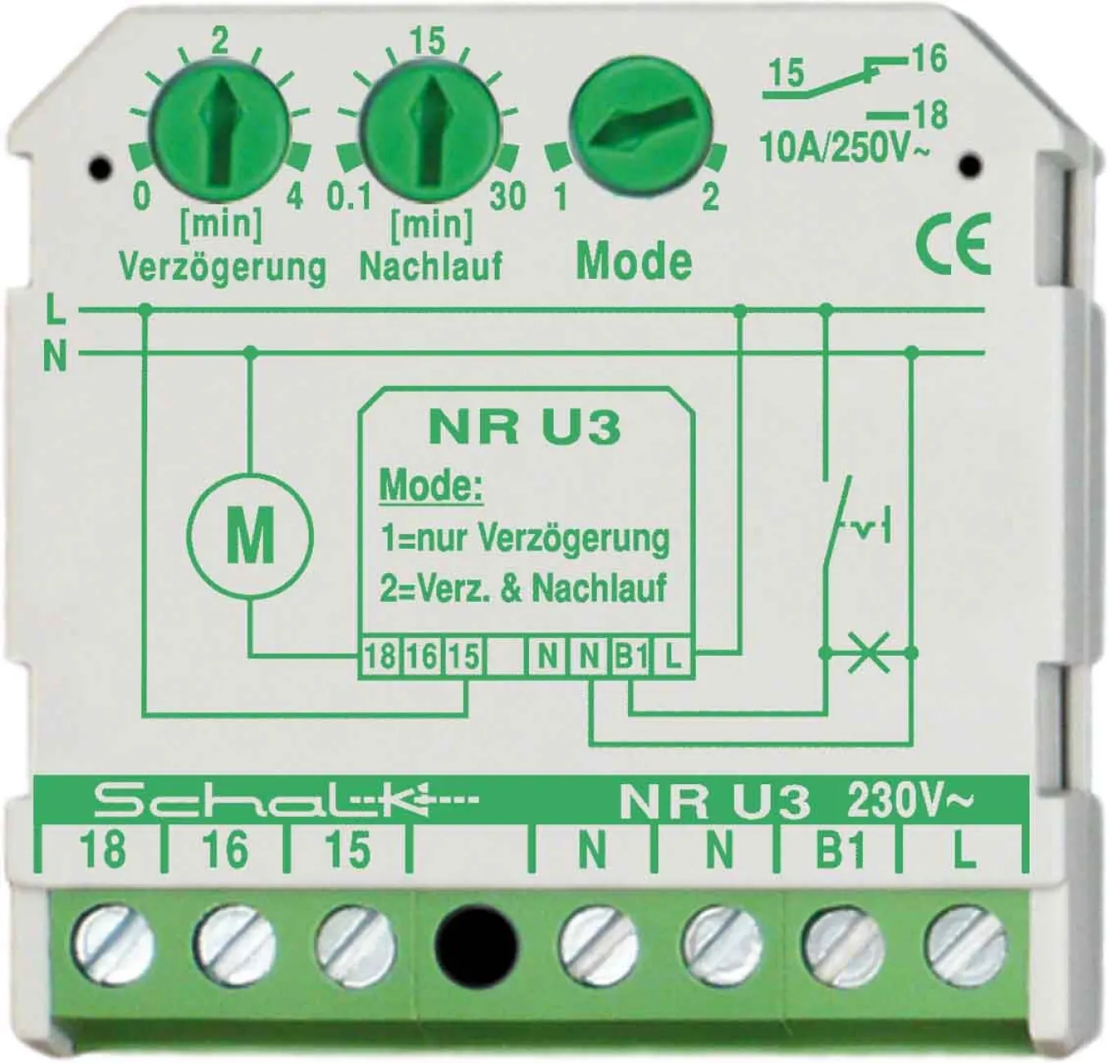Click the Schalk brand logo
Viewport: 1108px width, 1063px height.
click(x=286, y=803)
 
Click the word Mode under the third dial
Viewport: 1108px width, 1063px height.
click(x=634, y=262)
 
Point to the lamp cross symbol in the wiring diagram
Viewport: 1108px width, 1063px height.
click(x=868, y=653)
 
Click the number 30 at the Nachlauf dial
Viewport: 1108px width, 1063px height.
click(x=508, y=195)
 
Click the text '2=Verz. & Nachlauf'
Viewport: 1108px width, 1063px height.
click(x=523, y=588)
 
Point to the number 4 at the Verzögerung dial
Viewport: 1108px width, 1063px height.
click(x=294, y=195)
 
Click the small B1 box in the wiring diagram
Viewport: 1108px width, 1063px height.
click(x=631, y=657)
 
